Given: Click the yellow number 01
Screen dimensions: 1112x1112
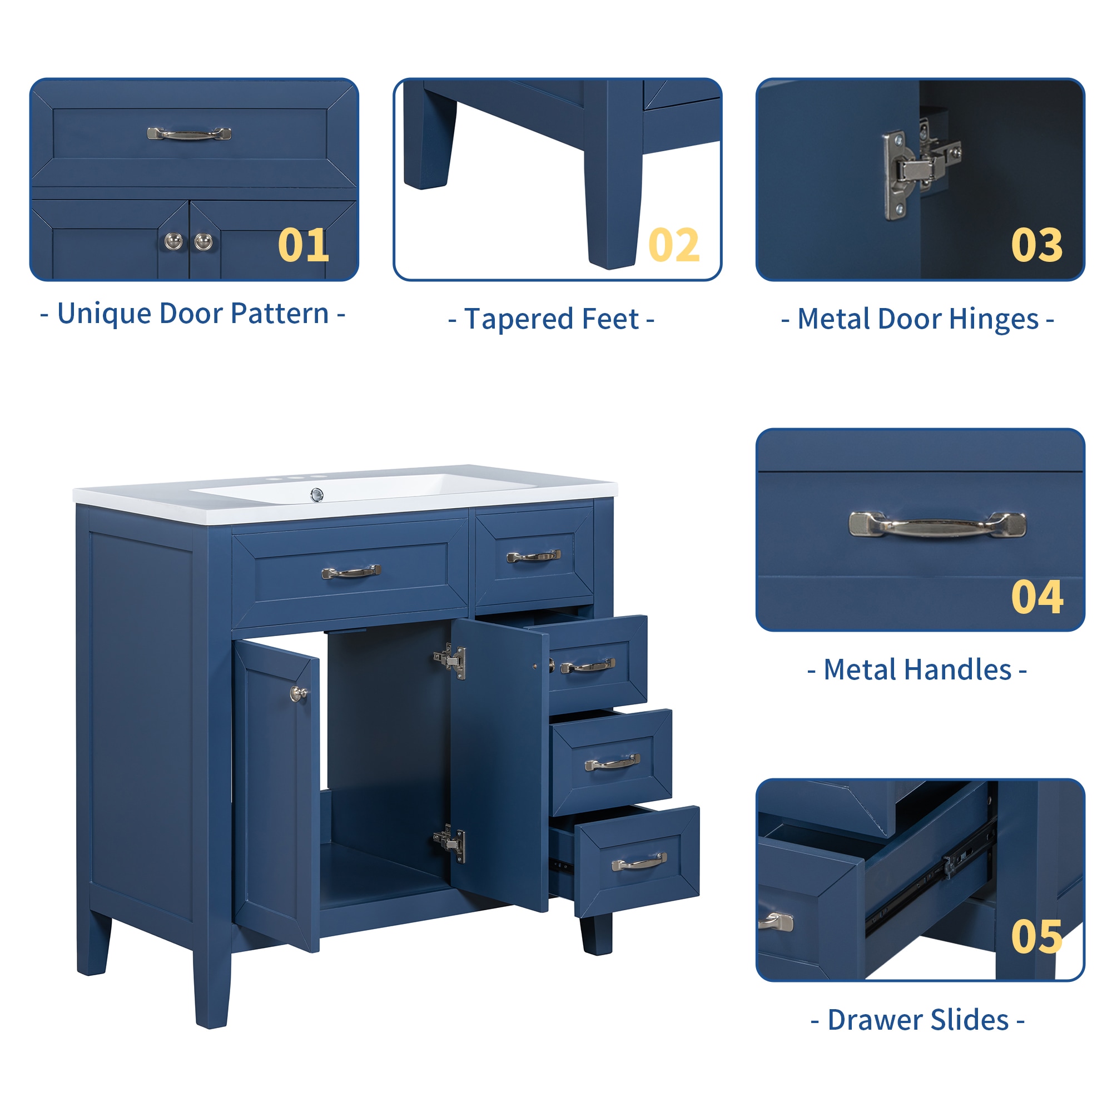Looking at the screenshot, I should point(304,245).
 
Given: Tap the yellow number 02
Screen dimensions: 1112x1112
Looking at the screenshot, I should point(674,245).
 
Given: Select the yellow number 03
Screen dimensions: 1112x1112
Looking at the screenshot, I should point(1036,245).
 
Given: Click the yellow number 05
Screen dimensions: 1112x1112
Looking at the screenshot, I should point(1036,936).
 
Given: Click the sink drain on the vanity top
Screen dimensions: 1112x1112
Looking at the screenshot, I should point(316,494).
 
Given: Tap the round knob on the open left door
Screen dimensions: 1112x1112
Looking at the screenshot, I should point(298,694).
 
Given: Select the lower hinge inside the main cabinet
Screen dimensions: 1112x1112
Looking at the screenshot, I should point(451,844).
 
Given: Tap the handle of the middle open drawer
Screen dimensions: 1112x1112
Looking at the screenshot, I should point(612,763).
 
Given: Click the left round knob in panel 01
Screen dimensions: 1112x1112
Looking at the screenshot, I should point(173,241).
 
